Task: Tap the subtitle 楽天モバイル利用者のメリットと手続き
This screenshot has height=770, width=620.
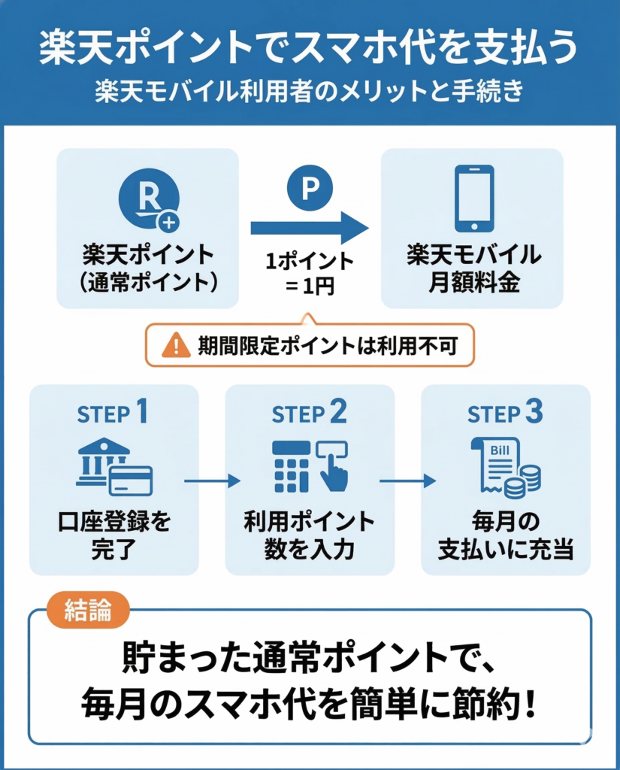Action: [x=310, y=92]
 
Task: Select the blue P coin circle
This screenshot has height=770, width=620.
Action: [x=308, y=188]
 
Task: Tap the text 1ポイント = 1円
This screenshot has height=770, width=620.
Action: [x=309, y=275]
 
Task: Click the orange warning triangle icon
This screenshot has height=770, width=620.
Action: [x=176, y=345]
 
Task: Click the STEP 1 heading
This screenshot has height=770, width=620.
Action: [x=113, y=414]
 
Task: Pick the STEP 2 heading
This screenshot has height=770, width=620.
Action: [x=309, y=414]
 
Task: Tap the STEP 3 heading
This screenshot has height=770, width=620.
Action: [x=504, y=414]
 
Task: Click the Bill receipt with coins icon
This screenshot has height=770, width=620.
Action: [x=506, y=467]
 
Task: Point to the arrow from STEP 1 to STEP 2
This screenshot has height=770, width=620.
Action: [x=212, y=480]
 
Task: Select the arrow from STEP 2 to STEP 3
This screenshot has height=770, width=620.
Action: [x=407, y=480]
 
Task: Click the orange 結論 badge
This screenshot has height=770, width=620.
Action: [x=89, y=611]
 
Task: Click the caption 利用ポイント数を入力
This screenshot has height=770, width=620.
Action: [x=309, y=535]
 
